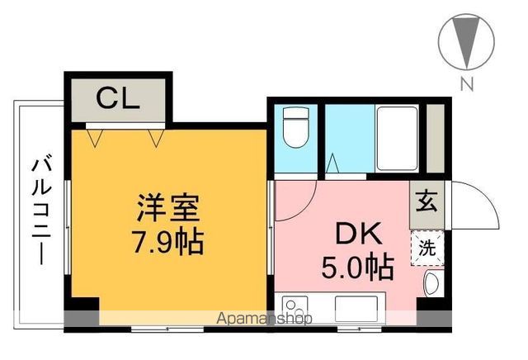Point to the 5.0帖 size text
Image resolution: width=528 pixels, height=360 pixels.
356,266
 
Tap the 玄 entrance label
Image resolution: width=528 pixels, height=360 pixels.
427,201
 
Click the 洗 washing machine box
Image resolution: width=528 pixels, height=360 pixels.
428,248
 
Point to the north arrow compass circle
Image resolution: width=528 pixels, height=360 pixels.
468,42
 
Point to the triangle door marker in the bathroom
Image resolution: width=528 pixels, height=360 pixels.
332,164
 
